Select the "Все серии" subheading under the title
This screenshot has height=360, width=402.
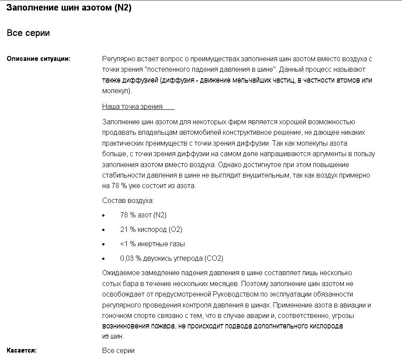(x=28, y=33)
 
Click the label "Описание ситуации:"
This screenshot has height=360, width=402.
(x=38, y=59)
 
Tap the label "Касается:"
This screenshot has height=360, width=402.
(x=22, y=350)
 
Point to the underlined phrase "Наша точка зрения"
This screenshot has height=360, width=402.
(x=132, y=106)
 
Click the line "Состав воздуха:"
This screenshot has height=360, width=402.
(x=128, y=200)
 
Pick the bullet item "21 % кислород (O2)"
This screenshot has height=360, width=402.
(x=151, y=229)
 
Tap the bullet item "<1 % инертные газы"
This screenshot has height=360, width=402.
(x=152, y=244)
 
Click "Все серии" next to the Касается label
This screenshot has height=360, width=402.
(x=118, y=350)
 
